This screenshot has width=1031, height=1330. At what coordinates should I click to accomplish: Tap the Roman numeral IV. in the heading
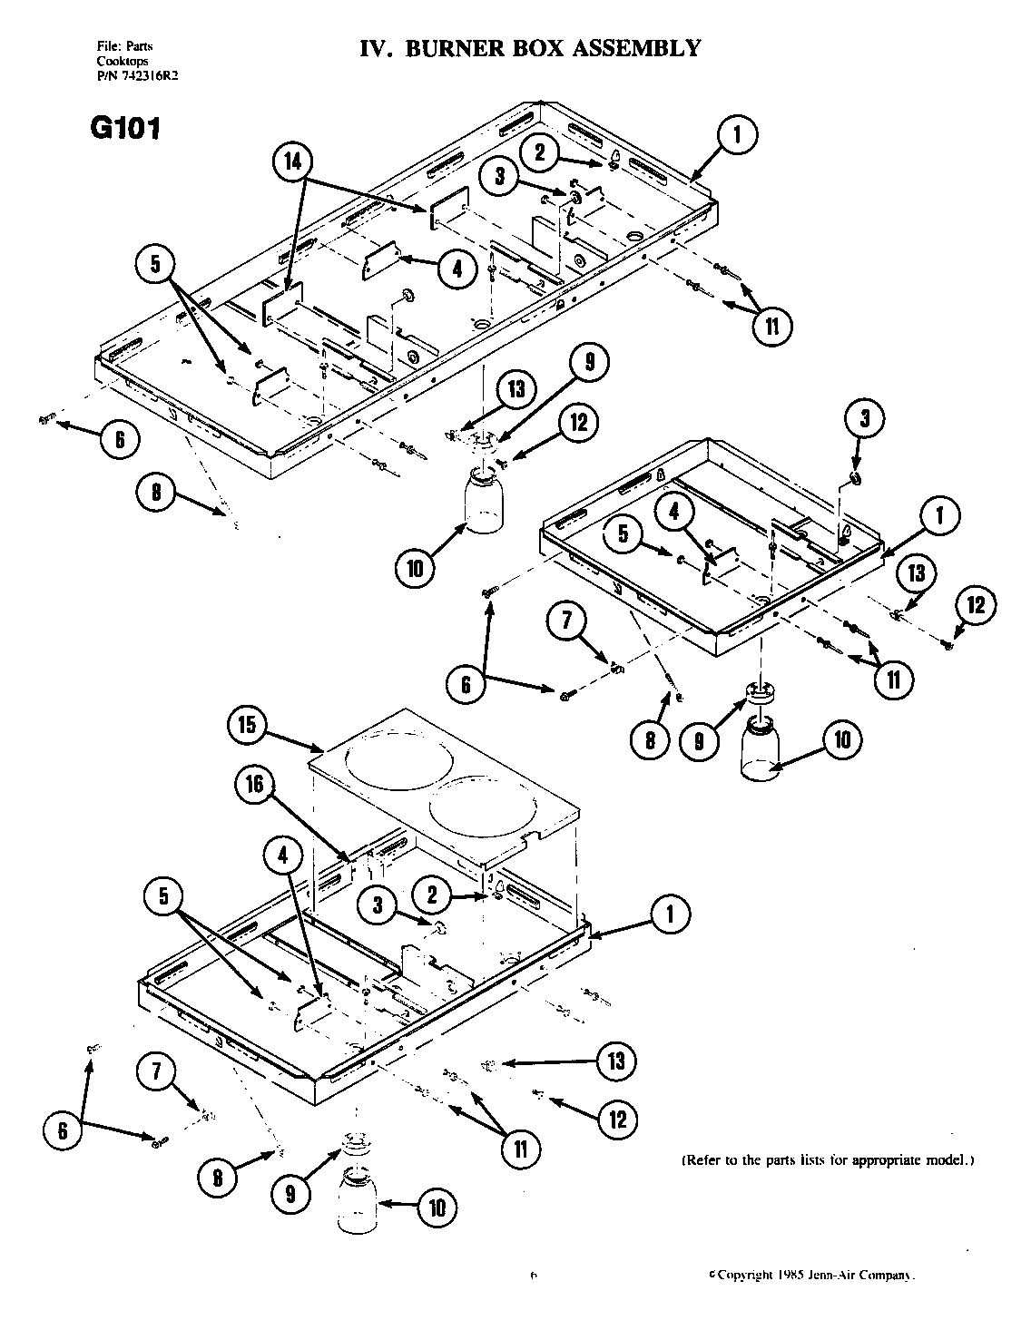[x=377, y=48]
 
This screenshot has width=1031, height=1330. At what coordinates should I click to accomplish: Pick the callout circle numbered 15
[x=250, y=725]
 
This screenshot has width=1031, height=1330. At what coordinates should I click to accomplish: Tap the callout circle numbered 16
[x=257, y=784]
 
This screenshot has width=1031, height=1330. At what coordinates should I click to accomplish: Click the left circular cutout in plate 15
[x=391, y=760]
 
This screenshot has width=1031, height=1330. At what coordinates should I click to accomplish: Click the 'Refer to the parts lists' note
[x=827, y=1160]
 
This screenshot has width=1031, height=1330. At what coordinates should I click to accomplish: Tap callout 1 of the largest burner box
[x=736, y=136]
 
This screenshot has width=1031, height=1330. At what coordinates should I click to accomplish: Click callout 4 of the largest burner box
[x=457, y=268]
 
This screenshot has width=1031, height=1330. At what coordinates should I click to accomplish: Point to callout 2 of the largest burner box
[x=541, y=152]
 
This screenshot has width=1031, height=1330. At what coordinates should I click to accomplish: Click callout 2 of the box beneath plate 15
[x=433, y=896]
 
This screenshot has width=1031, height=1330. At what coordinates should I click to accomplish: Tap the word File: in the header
[x=108, y=46]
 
